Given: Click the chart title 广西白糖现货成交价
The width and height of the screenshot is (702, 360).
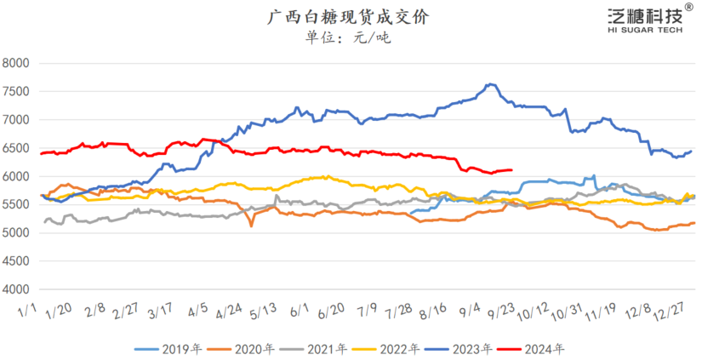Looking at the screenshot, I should pyautogui.click(x=350, y=16).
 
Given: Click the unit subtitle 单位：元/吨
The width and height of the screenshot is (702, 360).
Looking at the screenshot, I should pyautogui.click(x=349, y=38).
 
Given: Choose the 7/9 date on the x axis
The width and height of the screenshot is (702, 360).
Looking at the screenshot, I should pyautogui.click(x=369, y=311).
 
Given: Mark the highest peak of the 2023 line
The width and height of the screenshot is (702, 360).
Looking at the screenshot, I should pyautogui.click(x=491, y=84).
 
